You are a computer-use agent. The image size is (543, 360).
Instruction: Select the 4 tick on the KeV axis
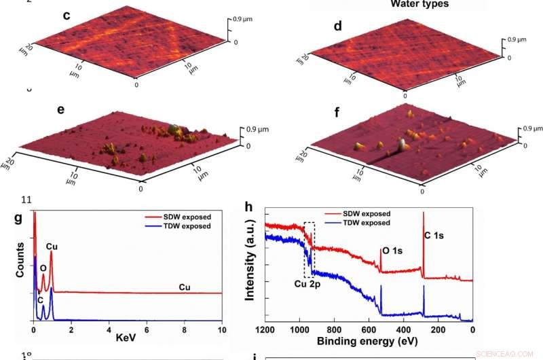(x=109, y=329)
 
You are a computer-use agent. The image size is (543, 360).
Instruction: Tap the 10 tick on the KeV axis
(x=221, y=329)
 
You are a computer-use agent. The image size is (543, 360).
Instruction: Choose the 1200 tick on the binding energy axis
(x=265, y=330)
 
